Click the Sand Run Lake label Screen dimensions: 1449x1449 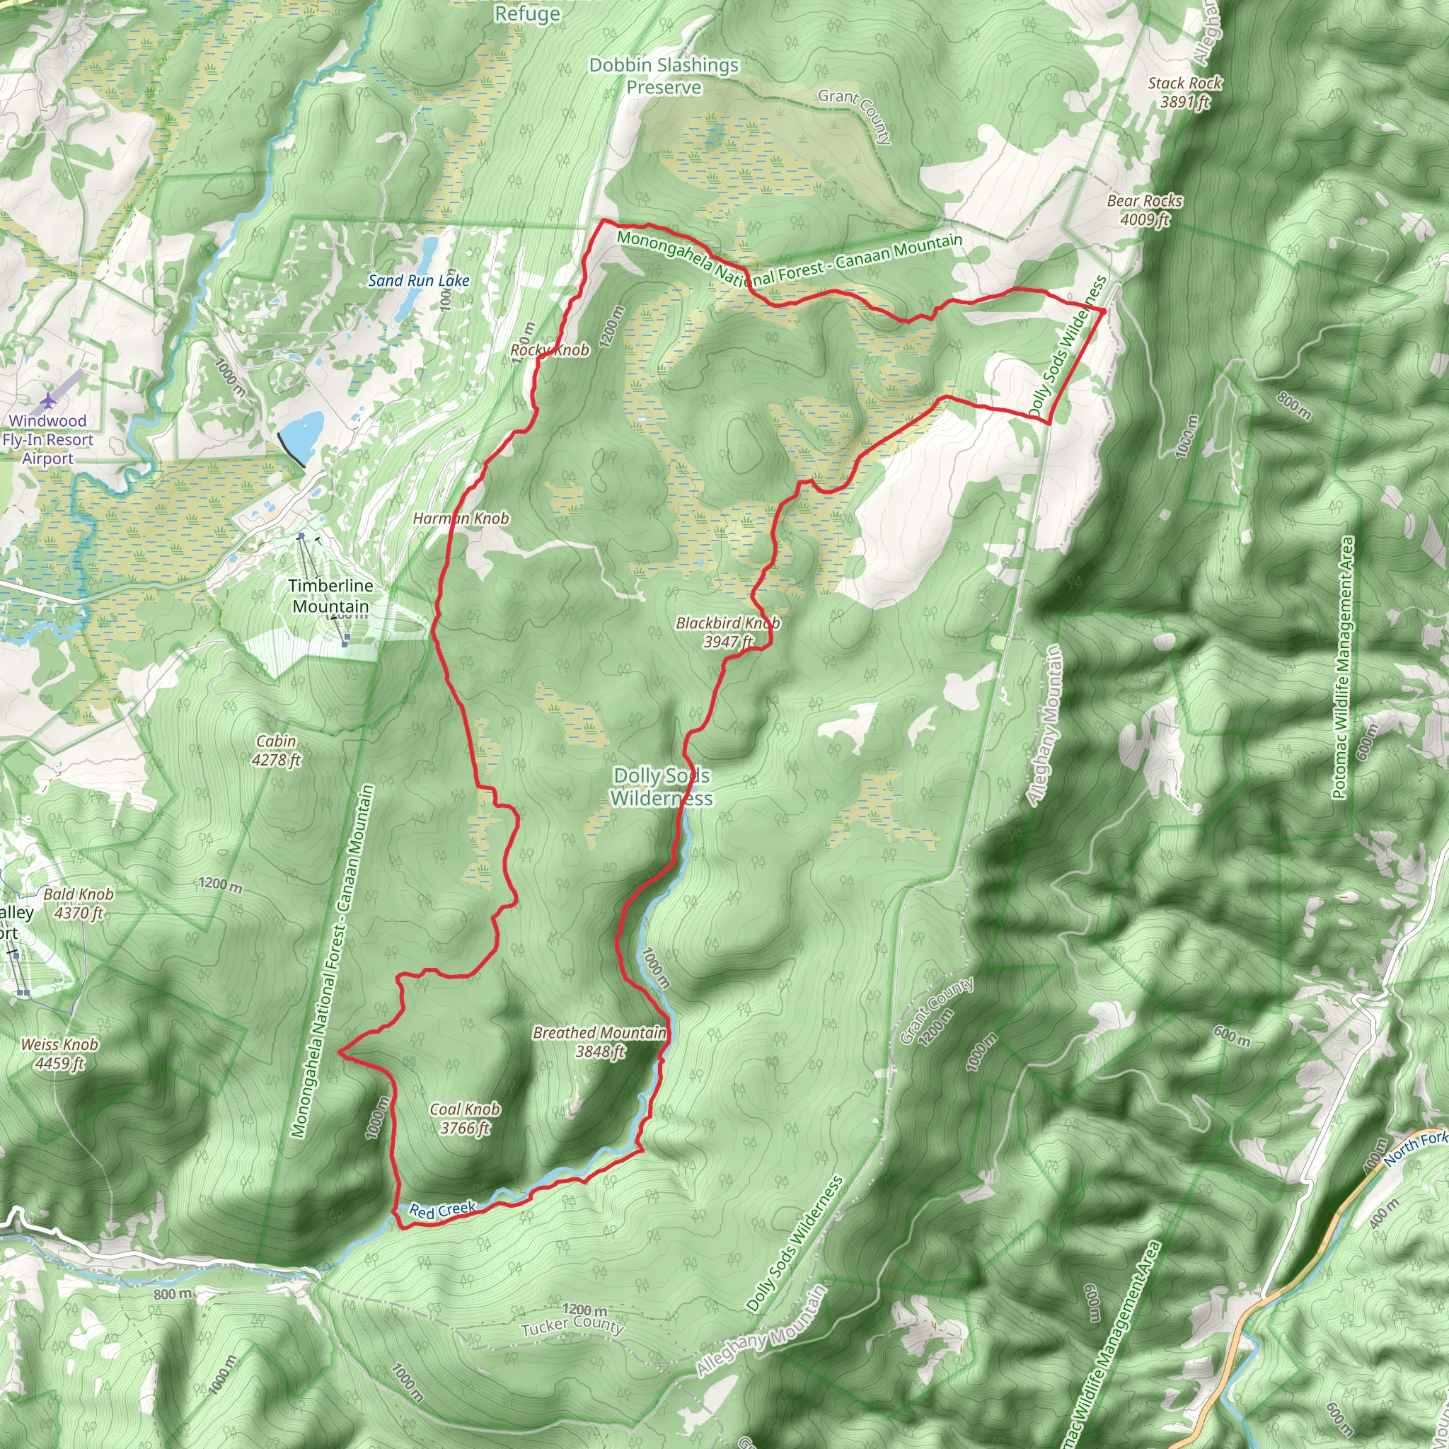[x=419, y=280]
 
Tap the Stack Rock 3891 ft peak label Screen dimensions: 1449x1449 [x=1185, y=92]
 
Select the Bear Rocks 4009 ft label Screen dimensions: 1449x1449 [x=1145, y=210]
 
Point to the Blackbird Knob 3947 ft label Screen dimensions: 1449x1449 [x=727, y=633]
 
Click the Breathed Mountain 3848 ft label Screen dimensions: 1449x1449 [x=599, y=1042]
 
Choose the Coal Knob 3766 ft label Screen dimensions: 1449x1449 [x=464, y=1119]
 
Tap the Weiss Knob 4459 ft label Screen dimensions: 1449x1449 [x=59, y=1053]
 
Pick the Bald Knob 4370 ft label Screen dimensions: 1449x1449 [x=78, y=904]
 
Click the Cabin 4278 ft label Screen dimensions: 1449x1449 [x=276, y=751]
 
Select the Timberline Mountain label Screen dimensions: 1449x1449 [x=330, y=596]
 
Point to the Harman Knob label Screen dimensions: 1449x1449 [x=461, y=518]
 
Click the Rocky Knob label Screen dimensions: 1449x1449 [x=550, y=350]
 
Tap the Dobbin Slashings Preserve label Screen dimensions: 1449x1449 [x=664, y=76]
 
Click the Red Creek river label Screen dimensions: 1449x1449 [x=442, y=1210]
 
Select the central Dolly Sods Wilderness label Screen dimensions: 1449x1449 [x=661, y=787]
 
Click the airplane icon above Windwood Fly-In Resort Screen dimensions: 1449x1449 [x=49, y=401]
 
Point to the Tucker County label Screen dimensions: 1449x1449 [x=572, y=1325]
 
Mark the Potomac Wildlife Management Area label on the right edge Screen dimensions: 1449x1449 [x=1344, y=668]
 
